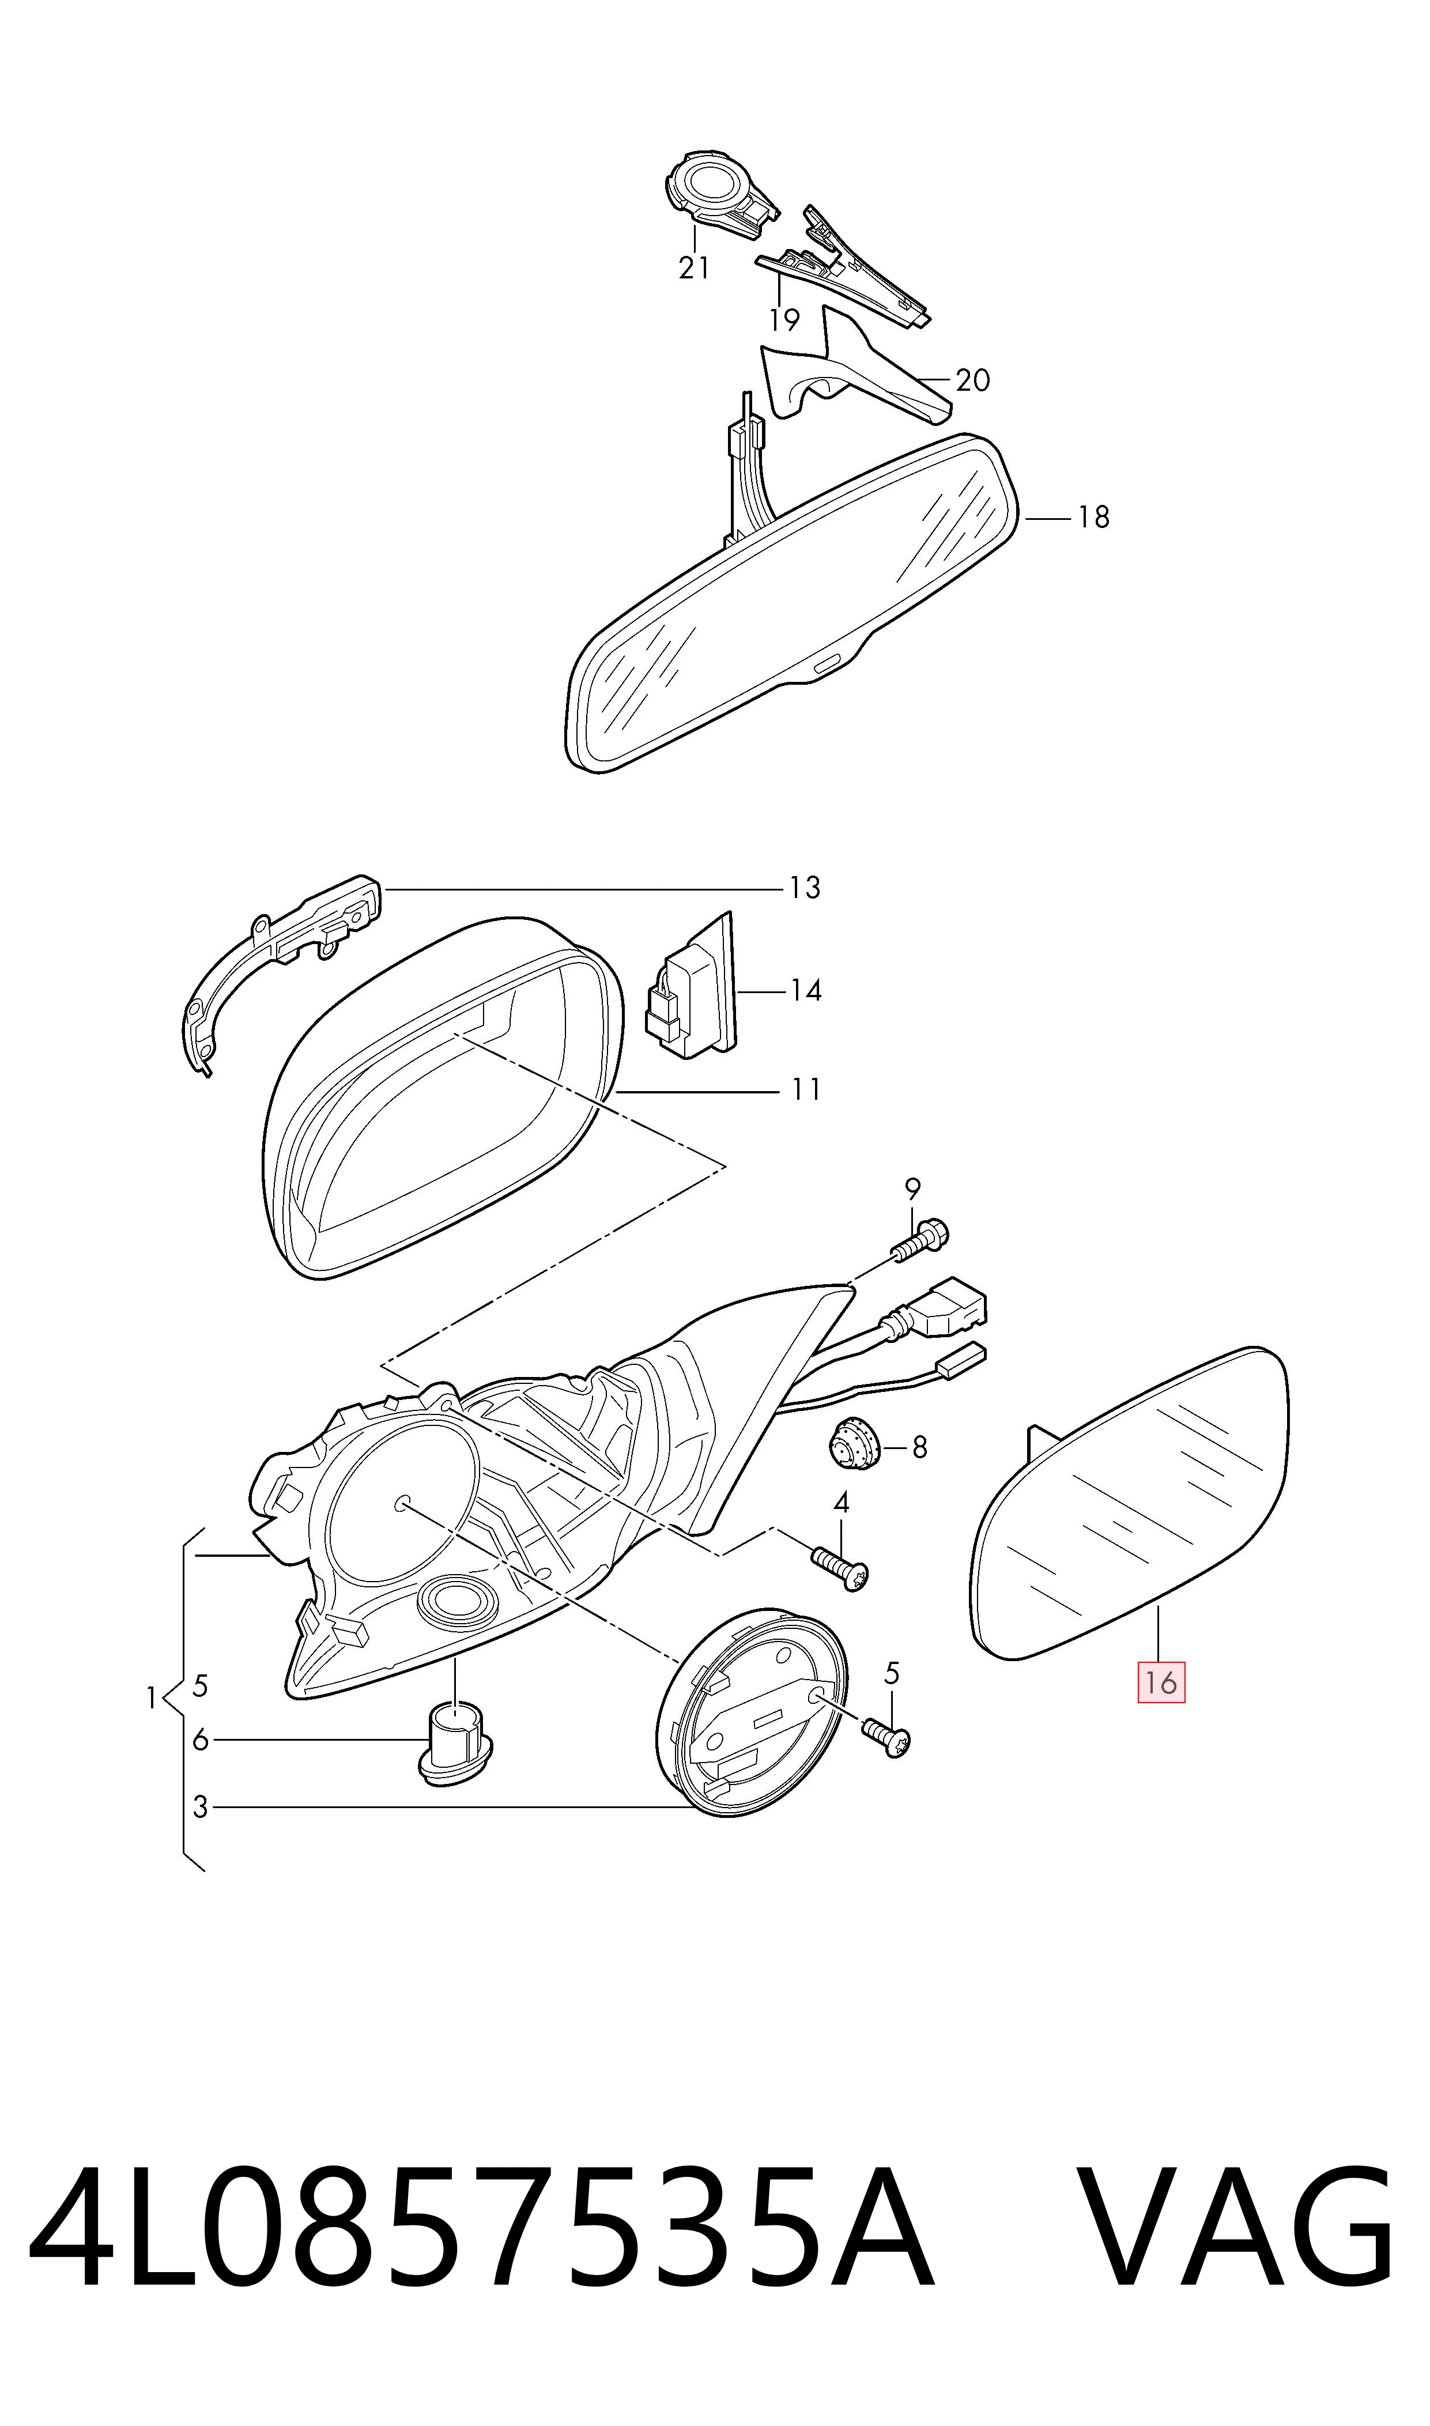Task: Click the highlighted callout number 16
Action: pos(1161,1682)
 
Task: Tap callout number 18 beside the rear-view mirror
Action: pos(1094,518)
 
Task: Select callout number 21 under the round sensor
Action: pos(694,268)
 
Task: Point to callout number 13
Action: pos(805,888)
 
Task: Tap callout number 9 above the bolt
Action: pos(912,1188)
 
